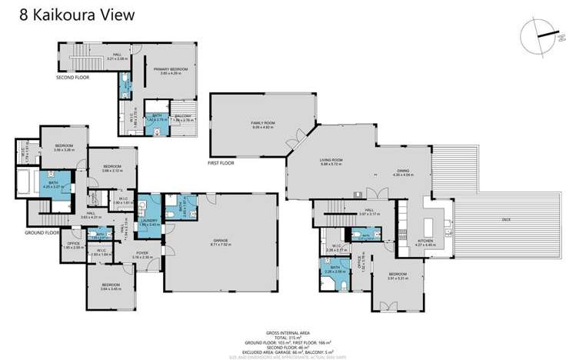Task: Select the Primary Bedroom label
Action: click(x=170, y=71)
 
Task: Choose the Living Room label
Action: click(x=331, y=162)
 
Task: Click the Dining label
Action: click(x=404, y=173)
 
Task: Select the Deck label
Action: click(x=505, y=220)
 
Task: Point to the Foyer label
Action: click(x=142, y=254)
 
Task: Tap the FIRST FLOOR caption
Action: click(x=221, y=164)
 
